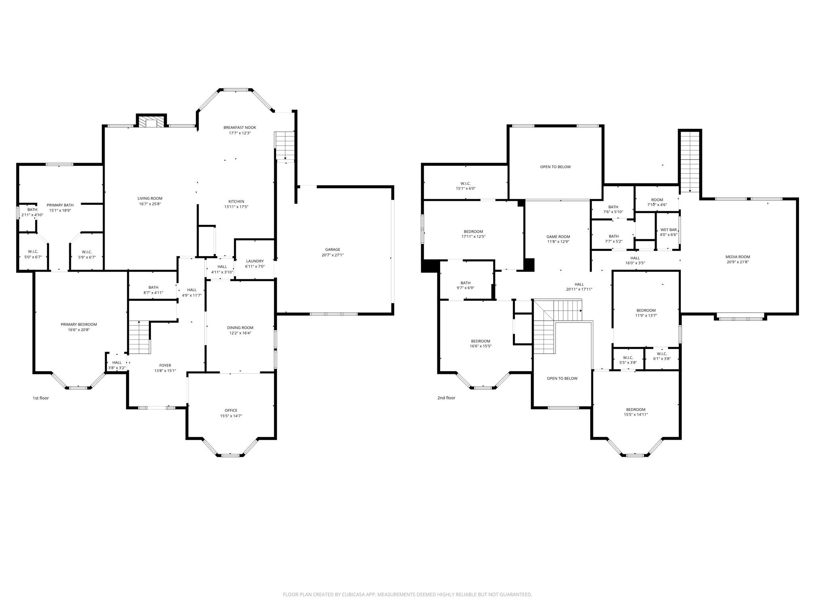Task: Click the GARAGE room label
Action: [333, 249]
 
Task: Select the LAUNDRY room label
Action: [255, 261]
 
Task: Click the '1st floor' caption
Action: [41, 398]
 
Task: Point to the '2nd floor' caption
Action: [446, 398]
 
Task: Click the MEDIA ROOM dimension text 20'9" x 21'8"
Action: [737, 262]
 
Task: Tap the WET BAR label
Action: [669, 230]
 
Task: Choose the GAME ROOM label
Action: [558, 237]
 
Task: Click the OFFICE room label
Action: [231, 410]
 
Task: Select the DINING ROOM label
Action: [240, 328]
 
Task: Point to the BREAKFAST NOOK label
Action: [240, 127]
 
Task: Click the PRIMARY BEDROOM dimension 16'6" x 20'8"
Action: [79, 329]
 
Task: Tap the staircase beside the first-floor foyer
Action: [139, 337]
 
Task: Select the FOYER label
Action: [165, 365]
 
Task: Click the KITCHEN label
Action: [236, 201]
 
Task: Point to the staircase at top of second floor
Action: [690, 162]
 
